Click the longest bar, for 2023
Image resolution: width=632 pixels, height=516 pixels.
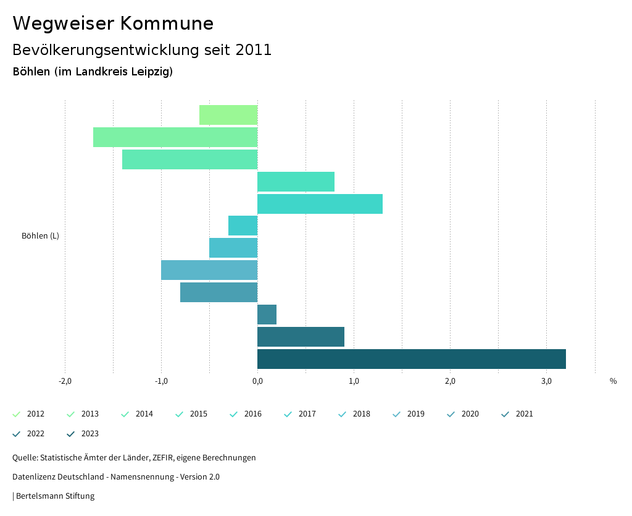click(x=411, y=359)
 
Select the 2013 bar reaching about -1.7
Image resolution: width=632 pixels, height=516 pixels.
click(x=175, y=137)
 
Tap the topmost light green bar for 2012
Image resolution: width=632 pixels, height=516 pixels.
click(x=228, y=115)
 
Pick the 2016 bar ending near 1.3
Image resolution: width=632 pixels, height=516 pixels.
click(x=320, y=204)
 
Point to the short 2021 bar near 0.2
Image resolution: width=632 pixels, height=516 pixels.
click(x=267, y=315)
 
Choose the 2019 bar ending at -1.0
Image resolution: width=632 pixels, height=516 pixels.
click(x=209, y=270)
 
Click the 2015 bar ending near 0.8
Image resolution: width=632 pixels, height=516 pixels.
click(x=296, y=182)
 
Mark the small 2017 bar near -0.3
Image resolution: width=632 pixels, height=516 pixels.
click(x=243, y=226)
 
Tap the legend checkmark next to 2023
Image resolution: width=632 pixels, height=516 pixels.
click(x=70, y=434)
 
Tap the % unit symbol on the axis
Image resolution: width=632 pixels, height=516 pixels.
click(x=613, y=381)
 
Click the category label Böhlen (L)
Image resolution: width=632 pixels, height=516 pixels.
click(x=40, y=235)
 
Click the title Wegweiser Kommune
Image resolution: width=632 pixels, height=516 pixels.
click(x=113, y=23)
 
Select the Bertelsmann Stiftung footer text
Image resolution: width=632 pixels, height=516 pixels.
click(x=55, y=496)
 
